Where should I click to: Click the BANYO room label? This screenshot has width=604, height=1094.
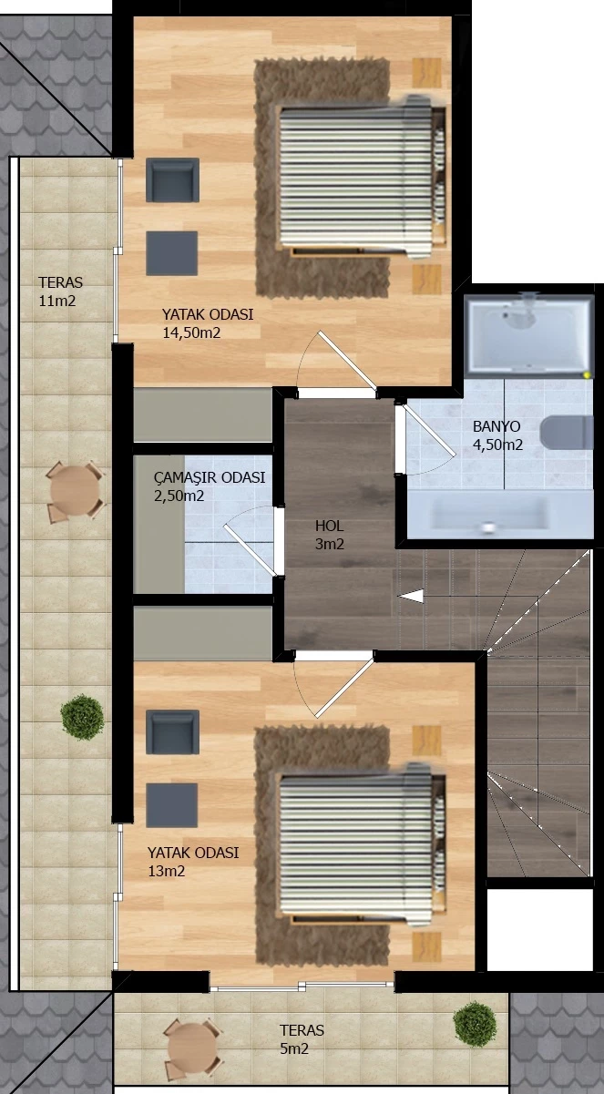[x=497, y=426]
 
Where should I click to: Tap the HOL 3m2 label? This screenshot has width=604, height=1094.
[x=330, y=535]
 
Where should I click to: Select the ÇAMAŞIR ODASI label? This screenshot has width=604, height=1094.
[x=210, y=477]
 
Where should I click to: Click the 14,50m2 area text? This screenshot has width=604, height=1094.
[x=191, y=333]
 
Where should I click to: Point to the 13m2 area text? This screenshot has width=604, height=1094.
[x=167, y=872]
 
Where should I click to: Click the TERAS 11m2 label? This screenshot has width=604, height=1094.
[x=60, y=291]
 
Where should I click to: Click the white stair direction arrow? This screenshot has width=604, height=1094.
[x=411, y=596]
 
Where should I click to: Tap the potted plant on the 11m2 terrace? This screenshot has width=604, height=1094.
[x=82, y=718]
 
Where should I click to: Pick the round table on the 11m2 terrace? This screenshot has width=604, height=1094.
[x=76, y=491]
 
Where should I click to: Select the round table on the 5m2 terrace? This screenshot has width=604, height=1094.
[x=192, y=1046]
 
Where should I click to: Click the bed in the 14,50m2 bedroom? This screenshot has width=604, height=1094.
[x=363, y=177]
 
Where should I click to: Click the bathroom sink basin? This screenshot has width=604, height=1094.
[x=489, y=515]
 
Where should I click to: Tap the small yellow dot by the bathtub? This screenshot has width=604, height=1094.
[x=587, y=375]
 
